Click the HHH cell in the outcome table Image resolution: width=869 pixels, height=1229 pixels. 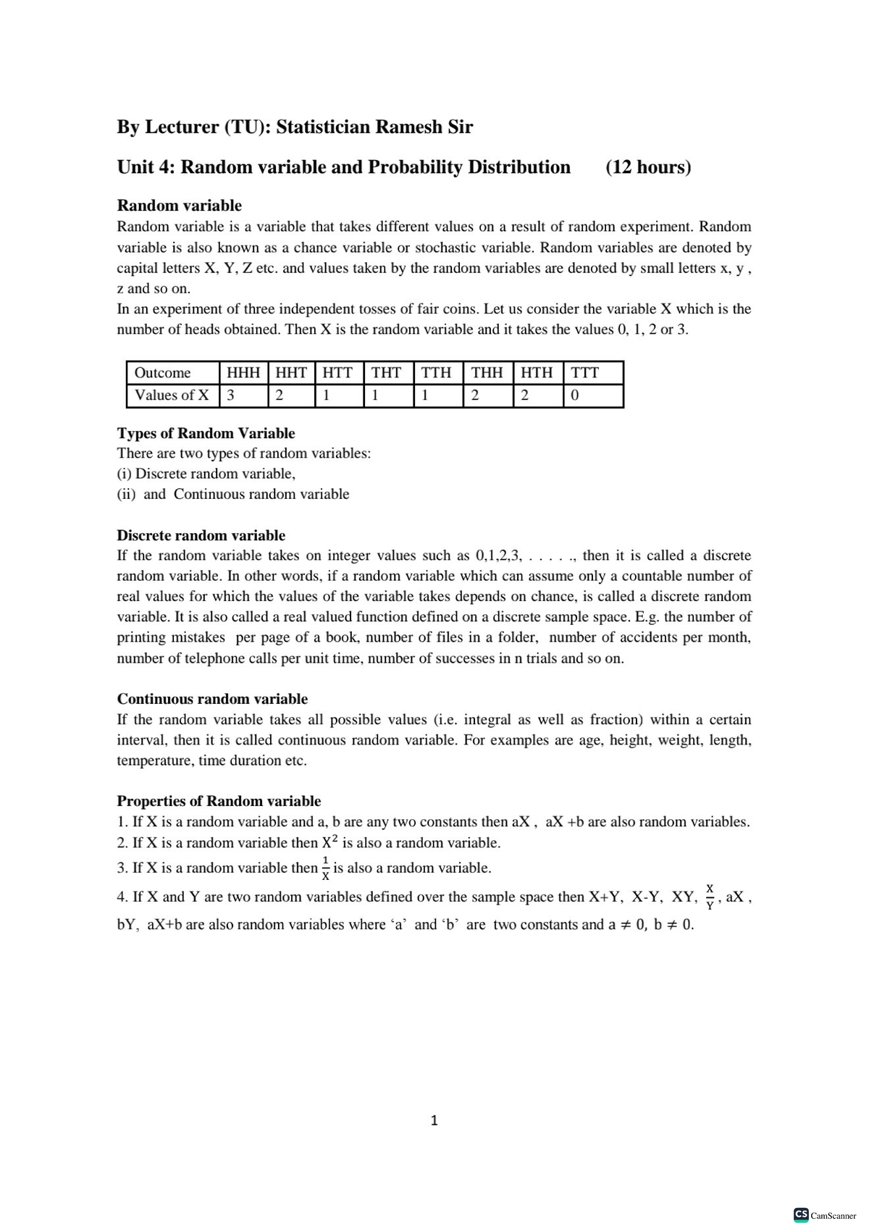click(x=243, y=373)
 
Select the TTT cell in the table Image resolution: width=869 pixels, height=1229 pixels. click(x=585, y=373)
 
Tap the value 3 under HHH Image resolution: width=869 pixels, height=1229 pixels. click(x=231, y=395)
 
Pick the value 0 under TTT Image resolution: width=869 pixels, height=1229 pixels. click(x=575, y=395)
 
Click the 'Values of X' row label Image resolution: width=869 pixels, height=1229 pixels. click(x=172, y=395)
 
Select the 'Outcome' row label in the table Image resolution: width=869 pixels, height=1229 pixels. click(x=163, y=373)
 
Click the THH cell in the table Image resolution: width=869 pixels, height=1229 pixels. click(x=487, y=373)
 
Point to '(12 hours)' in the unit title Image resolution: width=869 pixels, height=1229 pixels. click(x=648, y=167)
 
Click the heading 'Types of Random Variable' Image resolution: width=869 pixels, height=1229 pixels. click(x=206, y=433)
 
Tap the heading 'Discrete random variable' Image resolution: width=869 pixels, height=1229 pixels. click(x=201, y=535)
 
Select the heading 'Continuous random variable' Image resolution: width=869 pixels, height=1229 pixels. click(x=212, y=699)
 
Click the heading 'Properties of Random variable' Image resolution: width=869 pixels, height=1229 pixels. click(x=219, y=801)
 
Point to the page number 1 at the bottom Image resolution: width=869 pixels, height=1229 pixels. click(x=434, y=1120)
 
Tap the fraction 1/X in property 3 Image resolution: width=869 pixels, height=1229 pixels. click(x=326, y=868)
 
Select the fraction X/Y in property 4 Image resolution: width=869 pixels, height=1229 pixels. click(x=710, y=897)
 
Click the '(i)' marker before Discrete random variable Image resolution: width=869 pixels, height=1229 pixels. click(x=124, y=474)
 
